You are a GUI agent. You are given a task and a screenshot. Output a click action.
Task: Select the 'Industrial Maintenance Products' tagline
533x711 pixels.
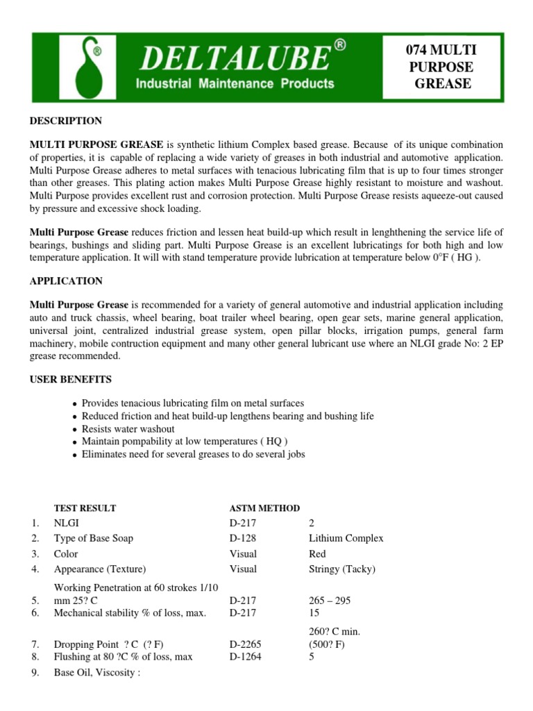(235, 84)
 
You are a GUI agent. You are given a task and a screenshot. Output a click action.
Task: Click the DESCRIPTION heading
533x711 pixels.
(65, 121)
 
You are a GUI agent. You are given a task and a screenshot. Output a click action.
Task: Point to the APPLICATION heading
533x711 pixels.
(65, 281)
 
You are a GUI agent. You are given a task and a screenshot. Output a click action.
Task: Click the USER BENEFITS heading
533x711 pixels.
(69, 380)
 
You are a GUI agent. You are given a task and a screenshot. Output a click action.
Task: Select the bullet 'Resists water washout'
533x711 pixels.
(128, 429)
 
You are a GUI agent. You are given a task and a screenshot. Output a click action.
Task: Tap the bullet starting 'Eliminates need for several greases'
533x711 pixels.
(193, 454)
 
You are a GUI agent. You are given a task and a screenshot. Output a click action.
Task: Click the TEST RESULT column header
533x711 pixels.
(85, 508)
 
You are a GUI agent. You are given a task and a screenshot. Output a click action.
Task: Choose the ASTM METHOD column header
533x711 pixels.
(264, 508)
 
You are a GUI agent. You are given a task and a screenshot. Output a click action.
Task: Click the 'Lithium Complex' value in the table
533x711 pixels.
(346, 538)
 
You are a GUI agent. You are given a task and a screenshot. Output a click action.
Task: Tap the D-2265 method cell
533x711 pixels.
(245, 644)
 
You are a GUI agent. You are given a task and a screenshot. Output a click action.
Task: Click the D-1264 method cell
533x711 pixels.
(245, 657)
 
